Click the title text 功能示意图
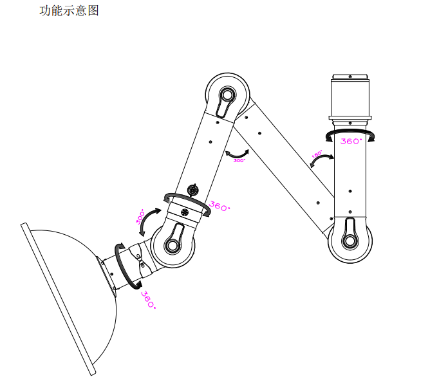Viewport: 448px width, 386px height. (70, 11)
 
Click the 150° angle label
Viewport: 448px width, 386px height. (317, 154)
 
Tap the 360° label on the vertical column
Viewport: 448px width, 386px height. (351, 141)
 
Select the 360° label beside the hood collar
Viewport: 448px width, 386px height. (148, 300)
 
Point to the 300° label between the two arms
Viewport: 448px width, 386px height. (239, 161)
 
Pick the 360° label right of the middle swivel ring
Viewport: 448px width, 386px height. (219, 207)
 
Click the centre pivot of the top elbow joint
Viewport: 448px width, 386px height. (226, 96)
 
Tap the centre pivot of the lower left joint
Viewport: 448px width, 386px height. (173, 245)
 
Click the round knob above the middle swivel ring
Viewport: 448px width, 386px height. (192, 190)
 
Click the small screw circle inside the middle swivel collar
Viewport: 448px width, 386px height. (185, 212)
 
